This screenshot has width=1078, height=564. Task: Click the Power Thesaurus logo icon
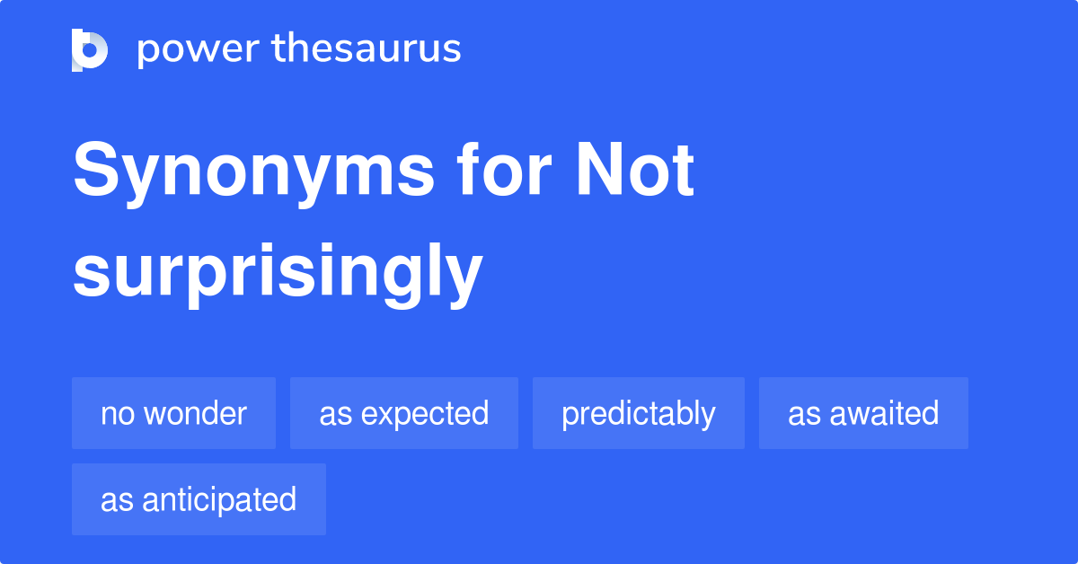[90, 49]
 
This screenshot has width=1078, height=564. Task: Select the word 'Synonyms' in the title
[253, 172]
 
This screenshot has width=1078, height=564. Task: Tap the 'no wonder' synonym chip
[173, 413]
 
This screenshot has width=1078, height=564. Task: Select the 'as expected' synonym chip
[403, 413]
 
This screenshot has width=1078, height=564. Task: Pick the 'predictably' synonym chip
[638, 413]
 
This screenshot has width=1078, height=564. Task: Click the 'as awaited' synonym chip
[862, 413]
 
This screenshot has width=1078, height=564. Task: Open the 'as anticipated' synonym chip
[199, 499]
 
